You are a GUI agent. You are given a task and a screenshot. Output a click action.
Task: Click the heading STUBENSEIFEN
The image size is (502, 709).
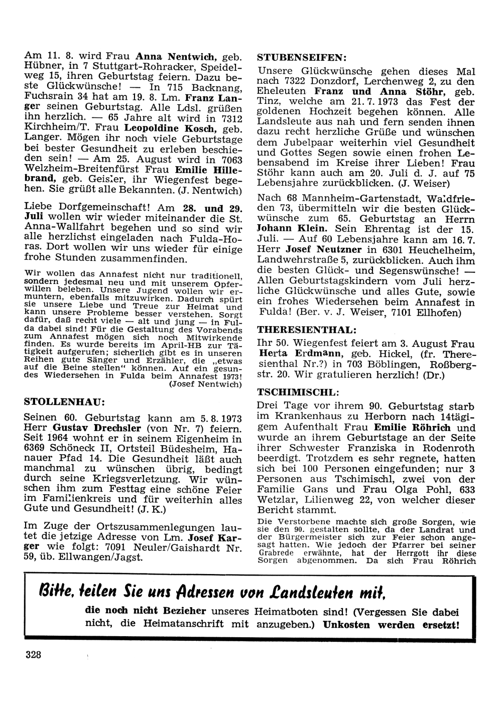tap(301, 57)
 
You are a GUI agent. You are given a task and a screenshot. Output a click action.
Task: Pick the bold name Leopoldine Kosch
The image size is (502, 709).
tap(167, 128)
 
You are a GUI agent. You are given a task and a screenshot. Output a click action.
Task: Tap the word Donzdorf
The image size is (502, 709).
tap(333, 81)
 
